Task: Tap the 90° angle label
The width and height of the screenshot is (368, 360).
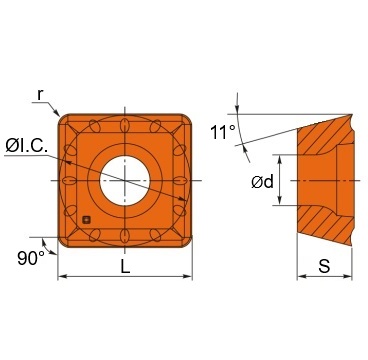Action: pos(30,257)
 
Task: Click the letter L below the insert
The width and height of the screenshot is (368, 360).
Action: pos(124,266)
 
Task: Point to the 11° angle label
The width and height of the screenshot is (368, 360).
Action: pos(224,130)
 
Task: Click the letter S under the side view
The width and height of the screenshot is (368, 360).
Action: pos(324,267)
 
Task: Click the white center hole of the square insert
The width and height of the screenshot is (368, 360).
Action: pos(124,179)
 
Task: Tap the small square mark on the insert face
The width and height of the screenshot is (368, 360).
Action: pos(87,219)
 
